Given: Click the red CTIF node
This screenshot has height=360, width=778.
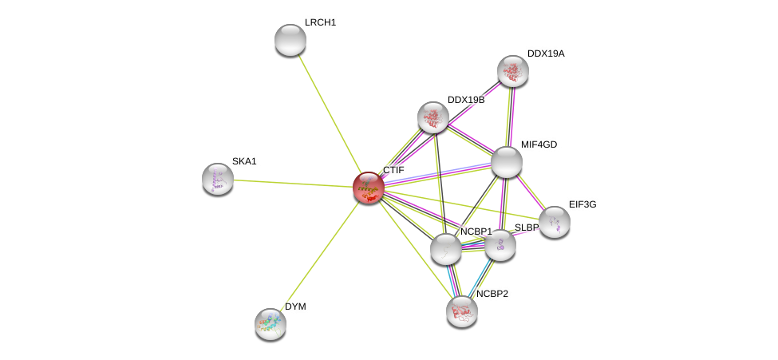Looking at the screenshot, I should tap(369, 188).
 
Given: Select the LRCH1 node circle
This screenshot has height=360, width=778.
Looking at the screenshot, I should tap(290, 40).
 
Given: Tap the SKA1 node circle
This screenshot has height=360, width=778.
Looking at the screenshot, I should tap(218, 179).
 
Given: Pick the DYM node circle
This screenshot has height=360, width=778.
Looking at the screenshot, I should tap(271, 323).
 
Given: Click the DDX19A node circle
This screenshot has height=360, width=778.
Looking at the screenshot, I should tap(513, 71).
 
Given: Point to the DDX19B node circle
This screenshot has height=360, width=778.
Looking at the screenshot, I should tap(433, 117).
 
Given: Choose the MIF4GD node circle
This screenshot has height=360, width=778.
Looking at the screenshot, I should tap(507, 162).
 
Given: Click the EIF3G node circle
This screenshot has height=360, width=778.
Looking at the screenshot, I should tap(554, 222).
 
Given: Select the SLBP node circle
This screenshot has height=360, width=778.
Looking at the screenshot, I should tap(500, 245).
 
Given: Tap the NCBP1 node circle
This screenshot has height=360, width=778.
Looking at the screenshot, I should tap(446, 249).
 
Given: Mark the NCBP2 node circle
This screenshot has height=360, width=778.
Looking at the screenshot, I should tap(462, 311).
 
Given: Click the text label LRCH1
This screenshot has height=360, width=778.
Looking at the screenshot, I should tap(320, 22).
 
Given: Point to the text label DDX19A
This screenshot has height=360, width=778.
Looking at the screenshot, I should tap(546, 53).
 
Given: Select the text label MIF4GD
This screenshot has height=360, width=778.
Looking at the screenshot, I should tap(539, 144).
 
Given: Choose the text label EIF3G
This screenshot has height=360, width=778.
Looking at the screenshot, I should tap(583, 204).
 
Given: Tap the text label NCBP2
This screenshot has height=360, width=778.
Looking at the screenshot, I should tap(492, 294).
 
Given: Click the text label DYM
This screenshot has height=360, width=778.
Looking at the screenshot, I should tap(295, 307).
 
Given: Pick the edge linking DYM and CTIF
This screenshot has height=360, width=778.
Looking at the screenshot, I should tap(319, 255).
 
